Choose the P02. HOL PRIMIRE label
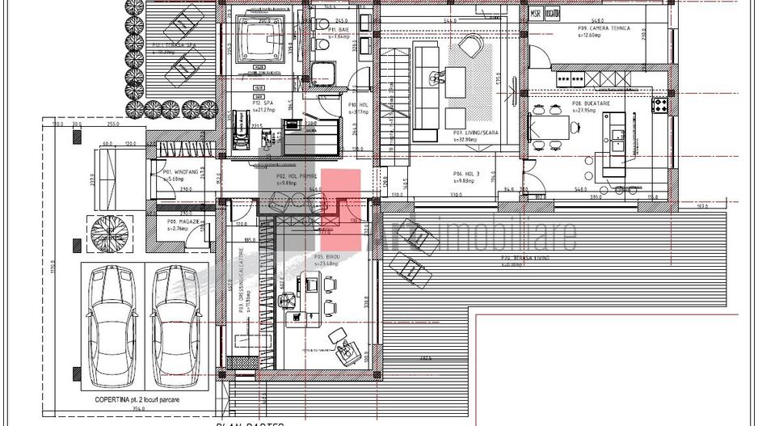tap(297, 175)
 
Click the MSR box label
tap(536, 15)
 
